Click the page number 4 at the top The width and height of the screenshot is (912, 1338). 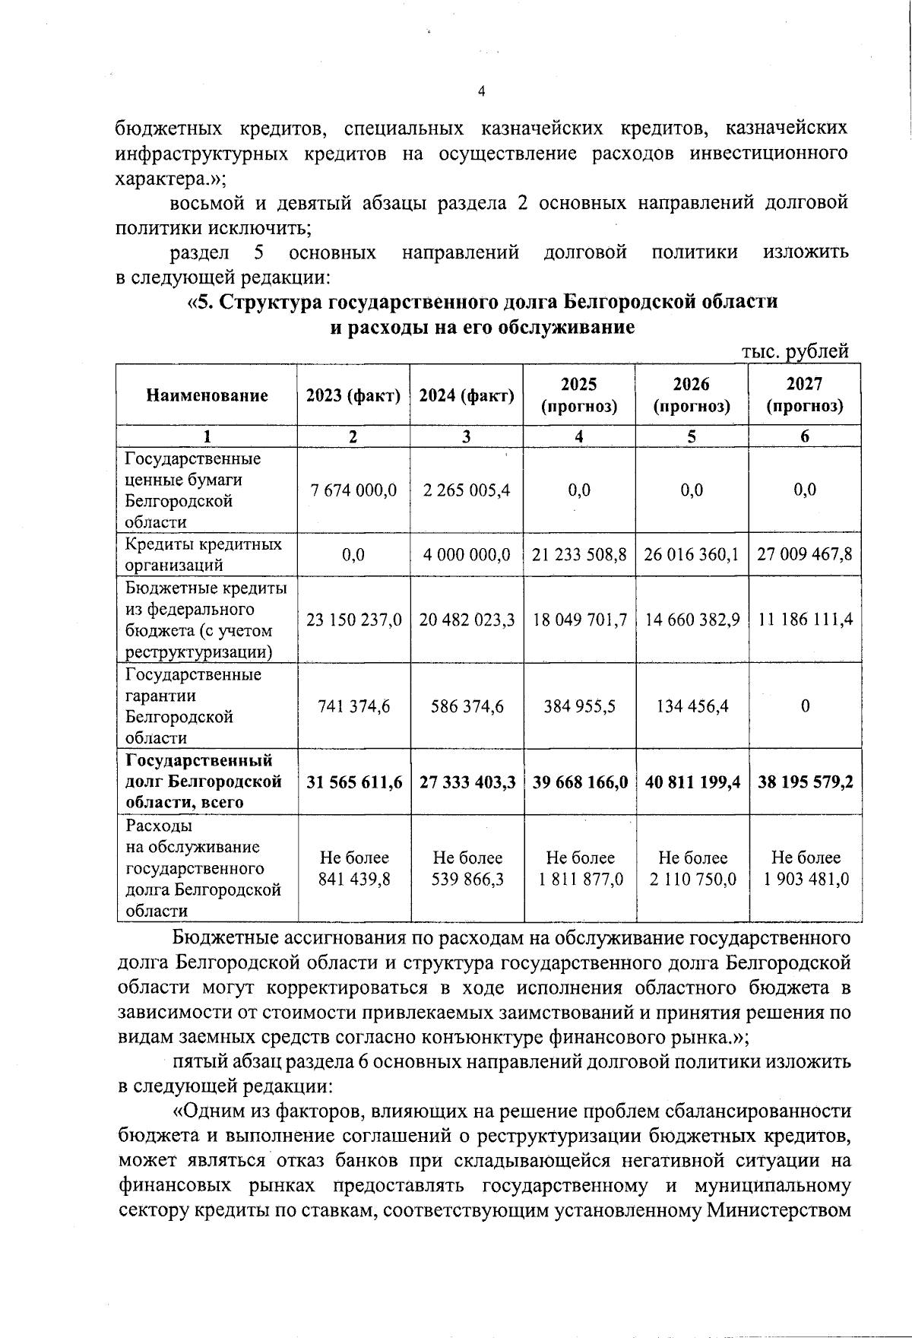[x=481, y=92]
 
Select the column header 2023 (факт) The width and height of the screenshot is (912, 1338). [x=353, y=395]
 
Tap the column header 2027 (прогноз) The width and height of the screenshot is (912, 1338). [x=805, y=395]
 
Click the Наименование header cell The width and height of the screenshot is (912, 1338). [x=207, y=395]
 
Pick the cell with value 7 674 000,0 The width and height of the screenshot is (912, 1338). [x=353, y=490]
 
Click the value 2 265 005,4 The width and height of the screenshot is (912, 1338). [x=467, y=490]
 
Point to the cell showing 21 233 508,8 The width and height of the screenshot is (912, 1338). [x=579, y=554]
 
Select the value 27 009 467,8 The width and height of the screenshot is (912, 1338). [x=805, y=554]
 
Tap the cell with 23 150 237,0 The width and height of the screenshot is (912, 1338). [x=353, y=620]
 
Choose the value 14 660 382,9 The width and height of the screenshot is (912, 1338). [x=692, y=620]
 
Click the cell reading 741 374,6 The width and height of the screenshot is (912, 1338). [x=353, y=706]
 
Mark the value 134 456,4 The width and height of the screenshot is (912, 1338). [x=692, y=706]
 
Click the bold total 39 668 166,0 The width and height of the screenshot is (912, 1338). [x=579, y=782]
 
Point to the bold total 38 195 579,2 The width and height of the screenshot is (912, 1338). [x=805, y=782]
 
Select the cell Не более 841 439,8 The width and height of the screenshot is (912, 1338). [x=353, y=868]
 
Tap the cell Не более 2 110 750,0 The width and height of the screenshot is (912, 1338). [x=692, y=868]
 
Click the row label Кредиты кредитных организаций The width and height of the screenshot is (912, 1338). [x=204, y=554]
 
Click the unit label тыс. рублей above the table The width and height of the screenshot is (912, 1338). [x=794, y=351]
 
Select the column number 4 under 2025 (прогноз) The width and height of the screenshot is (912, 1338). [x=579, y=436]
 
